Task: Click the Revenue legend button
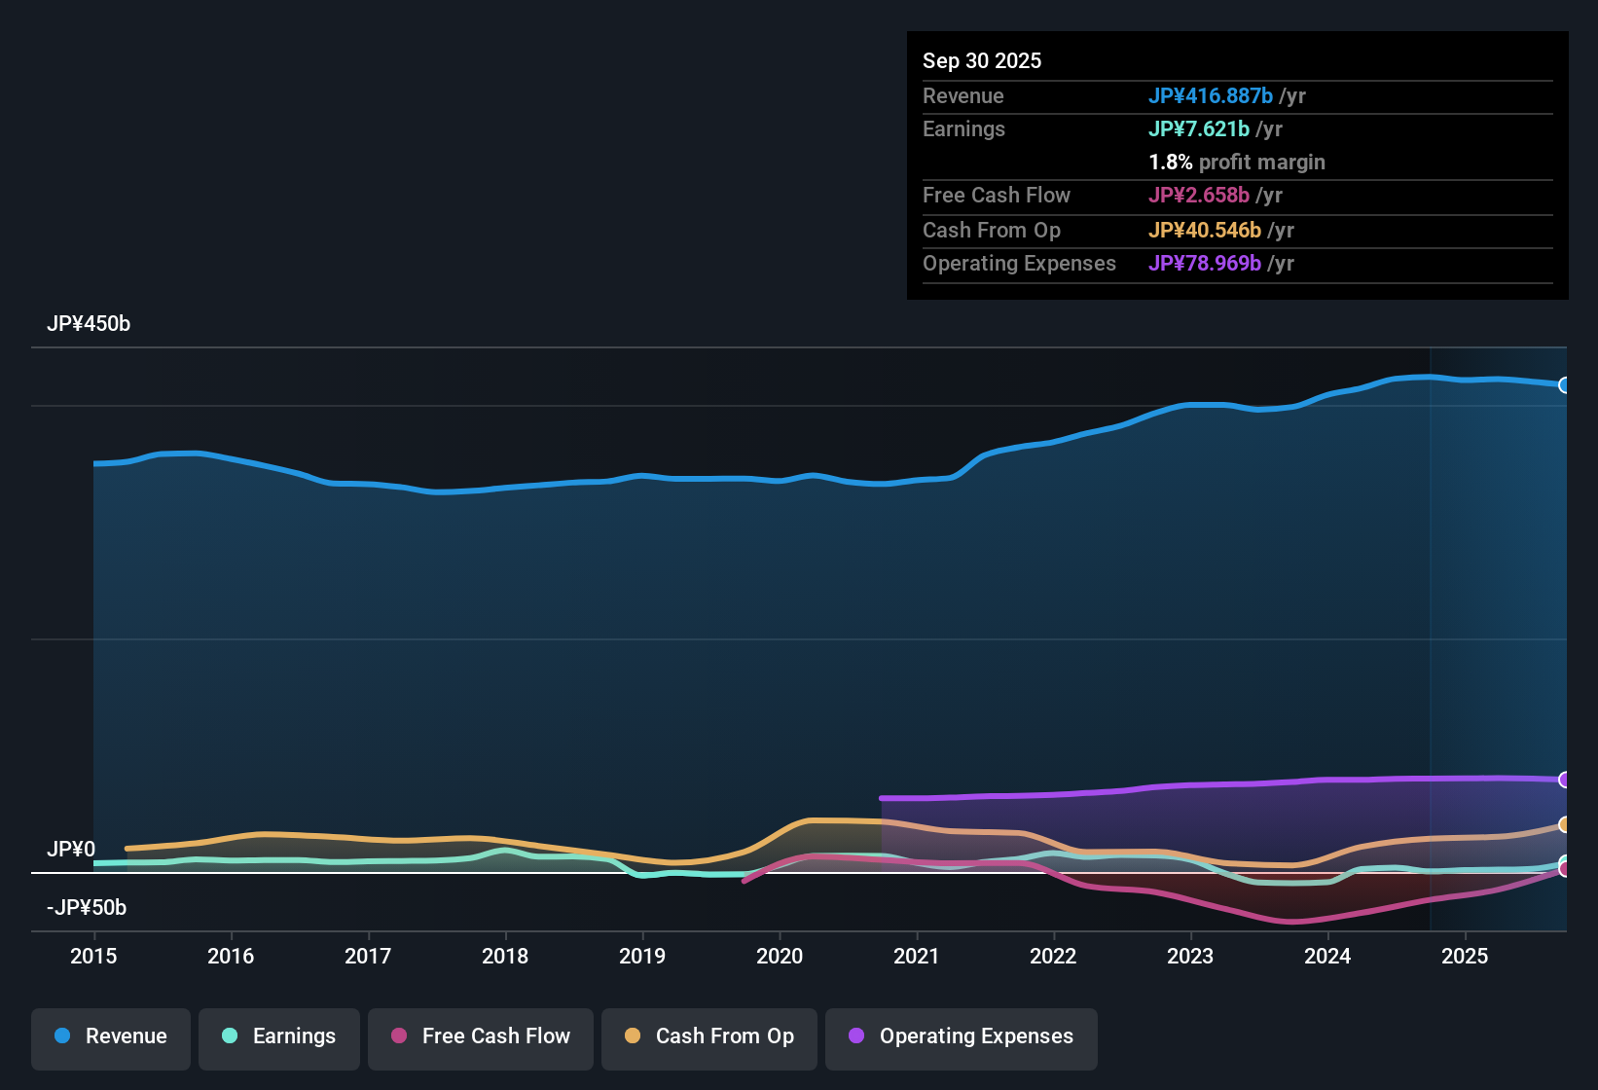[111, 1037]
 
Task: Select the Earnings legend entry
[279, 1037]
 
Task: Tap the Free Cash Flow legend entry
[481, 1037]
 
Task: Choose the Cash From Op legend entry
[709, 1037]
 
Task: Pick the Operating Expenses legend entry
[962, 1037]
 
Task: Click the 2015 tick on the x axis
[93, 957]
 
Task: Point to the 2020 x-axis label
[780, 957]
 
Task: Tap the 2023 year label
[1190, 957]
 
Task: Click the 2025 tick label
[1465, 957]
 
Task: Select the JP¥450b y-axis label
[89, 324]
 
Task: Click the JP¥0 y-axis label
[71, 850]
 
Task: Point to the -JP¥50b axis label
[87, 908]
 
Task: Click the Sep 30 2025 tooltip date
[982, 61]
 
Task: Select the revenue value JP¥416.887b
[1210, 96]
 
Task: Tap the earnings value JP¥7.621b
[1198, 129]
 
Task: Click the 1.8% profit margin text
[1236, 163]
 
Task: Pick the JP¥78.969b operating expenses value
[1204, 264]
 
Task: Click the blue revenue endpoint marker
[1564, 385]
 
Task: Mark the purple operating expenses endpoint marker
[1564, 780]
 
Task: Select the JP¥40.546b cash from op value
[1204, 231]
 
